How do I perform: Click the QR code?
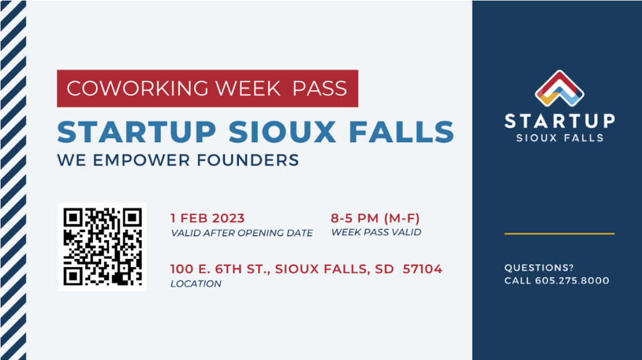pos(102,246)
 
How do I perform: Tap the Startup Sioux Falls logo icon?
pos(559,89)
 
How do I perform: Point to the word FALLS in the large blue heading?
pos(401,132)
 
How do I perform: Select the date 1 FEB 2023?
pos(208,218)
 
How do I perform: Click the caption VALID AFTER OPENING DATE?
pos(241,233)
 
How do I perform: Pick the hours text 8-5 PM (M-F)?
pos(375,218)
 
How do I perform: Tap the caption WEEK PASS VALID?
pos(376,232)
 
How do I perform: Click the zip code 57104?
pos(422,269)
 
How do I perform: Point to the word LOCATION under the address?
pos(196,284)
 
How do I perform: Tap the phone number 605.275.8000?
pos(572,281)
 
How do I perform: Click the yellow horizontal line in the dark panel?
pos(559,233)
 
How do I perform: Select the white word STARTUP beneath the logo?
pos(559,121)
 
